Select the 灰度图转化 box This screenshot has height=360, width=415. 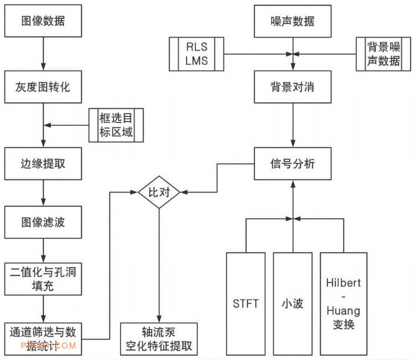[43, 88]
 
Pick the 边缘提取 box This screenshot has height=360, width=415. [43, 163]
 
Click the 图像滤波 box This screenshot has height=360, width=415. [43, 224]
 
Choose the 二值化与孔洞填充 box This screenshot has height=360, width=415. [43, 279]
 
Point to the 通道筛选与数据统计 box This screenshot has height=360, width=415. [43, 338]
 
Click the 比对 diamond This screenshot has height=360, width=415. [159, 192]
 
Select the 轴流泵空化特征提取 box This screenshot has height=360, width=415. [159, 338]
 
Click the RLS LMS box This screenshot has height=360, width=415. [197, 54]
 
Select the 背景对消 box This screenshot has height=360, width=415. [293, 88]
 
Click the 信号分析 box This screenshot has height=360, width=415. [293, 164]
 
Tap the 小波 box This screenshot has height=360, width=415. [292, 304]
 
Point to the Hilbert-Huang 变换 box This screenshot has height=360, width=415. [343, 304]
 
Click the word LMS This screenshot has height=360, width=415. [197, 61]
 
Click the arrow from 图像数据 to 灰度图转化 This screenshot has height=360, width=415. [43, 55]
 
